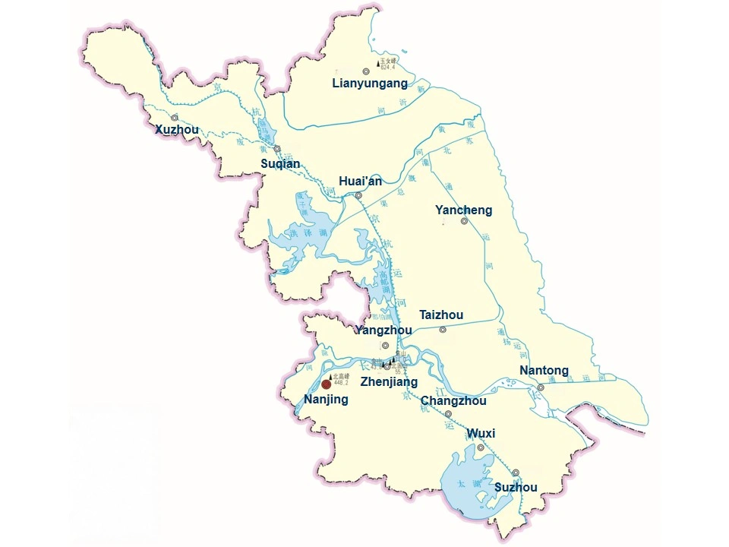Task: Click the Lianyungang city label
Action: pyautogui.click(x=370, y=84)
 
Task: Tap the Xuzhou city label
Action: pyautogui.click(x=177, y=130)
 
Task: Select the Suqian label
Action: pyautogui.click(x=280, y=163)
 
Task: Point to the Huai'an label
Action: pyautogui.click(x=360, y=181)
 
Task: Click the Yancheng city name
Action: pyautogui.click(x=463, y=210)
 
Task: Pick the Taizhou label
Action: pyautogui.click(x=441, y=315)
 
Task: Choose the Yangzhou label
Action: pyautogui.click(x=383, y=330)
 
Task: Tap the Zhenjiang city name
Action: pyautogui.click(x=389, y=381)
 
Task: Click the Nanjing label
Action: pyautogui.click(x=326, y=400)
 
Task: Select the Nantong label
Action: pyautogui.click(x=544, y=371)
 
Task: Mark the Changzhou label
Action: pyautogui.click(x=453, y=400)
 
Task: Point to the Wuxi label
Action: pyautogui.click(x=481, y=434)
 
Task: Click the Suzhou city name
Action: pyautogui.click(x=516, y=487)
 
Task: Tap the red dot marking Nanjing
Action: pyautogui.click(x=327, y=384)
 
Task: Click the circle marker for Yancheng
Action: pyautogui.click(x=464, y=221)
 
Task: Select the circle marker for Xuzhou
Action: pyautogui.click(x=175, y=118)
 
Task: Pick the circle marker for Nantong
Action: pyautogui.click(x=541, y=387)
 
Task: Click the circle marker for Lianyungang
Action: pyautogui.click(x=366, y=71)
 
